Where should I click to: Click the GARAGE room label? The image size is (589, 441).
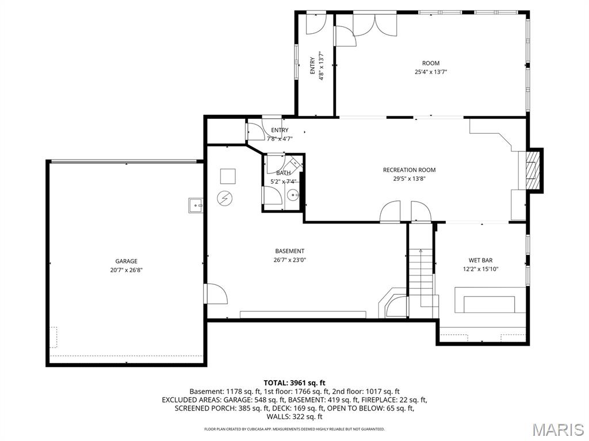pos(126,261)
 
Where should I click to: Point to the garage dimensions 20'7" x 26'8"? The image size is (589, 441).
pos(126,270)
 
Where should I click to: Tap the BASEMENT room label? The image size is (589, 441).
pos(289,251)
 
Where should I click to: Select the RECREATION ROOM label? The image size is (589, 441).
pos(409,170)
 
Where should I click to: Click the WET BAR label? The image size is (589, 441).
pos(480,260)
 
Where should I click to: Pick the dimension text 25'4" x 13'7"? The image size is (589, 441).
pos(431,72)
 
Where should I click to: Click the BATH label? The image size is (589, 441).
pos(283,173)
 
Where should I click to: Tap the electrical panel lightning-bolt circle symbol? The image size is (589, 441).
pos(223,198)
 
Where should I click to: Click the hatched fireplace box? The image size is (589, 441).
pos(534,170)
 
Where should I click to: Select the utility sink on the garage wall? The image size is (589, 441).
pos(196,204)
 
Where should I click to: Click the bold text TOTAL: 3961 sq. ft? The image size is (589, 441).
pos(294,382)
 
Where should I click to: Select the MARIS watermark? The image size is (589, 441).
pos(557,429)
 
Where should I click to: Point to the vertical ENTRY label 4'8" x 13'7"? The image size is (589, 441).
pos(316,66)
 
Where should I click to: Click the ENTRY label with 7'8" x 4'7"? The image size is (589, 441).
pos(280,134)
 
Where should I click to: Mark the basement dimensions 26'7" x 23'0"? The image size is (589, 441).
pos(289,260)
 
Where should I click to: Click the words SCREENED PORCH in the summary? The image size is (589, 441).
pos(201,408)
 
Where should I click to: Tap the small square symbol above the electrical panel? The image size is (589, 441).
pos(228,175)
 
